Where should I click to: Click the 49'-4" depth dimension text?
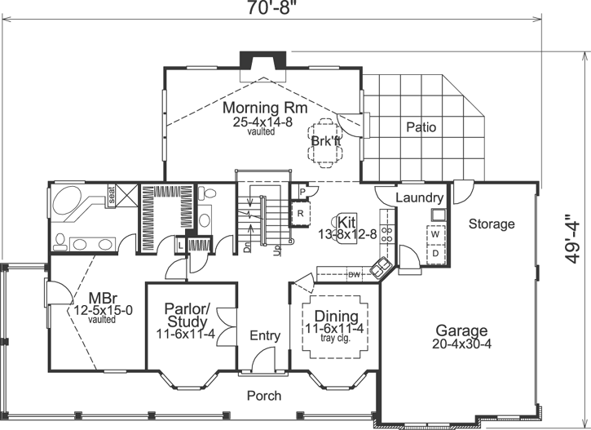[x=574, y=236]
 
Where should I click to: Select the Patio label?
[x=421, y=127]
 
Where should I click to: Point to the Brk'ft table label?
[x=325, y=140]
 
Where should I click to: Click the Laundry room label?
[x=419, y=198]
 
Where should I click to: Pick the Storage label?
[x=492, y=224]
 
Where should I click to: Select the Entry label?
[x=265, y=335]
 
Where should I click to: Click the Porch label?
[x=263, y=396]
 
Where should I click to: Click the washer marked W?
[x=434, y=234]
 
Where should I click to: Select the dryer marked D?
[x=434, y=252]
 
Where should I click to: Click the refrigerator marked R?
[x=300, y=214]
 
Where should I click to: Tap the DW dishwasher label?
[x=354, y=275]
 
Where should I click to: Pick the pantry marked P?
[x=302, y=192]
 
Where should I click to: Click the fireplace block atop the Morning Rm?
[x=260, y=62]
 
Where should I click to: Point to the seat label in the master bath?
[x=106, y=194]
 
